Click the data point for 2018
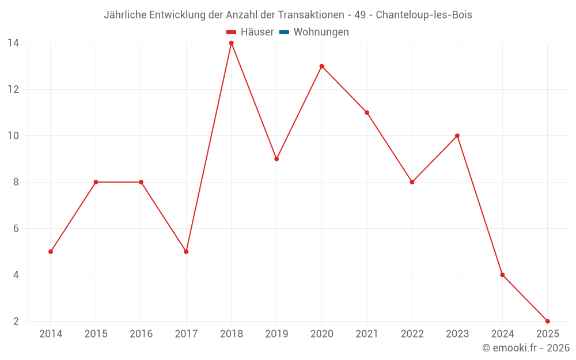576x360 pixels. [x=231, y=43]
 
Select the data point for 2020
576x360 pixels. [x=321, y=66]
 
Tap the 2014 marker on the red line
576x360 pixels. [x=51, y=252]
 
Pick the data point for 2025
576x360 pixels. [x=547, y=321]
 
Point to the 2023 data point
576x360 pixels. [x=457, y=136]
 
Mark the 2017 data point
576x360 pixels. [x=186, y=252]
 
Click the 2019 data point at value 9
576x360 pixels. [x=276, y=159]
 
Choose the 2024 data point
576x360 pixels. [x=502, y=275]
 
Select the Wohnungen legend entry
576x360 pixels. [x=321, y=32]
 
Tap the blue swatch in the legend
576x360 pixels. [x=284, y=32]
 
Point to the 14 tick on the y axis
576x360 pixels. [x=13, y=43]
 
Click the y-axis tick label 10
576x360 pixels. [x=13, y=136]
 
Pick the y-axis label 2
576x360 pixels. [x=16, y=321]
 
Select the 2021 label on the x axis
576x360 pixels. [x=367, y=334]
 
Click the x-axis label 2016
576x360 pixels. [x=141, y=334]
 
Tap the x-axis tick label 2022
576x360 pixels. [x=412, y=334]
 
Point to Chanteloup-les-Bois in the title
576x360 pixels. [x=424, y=15]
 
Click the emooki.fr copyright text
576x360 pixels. [x=526, y=348]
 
